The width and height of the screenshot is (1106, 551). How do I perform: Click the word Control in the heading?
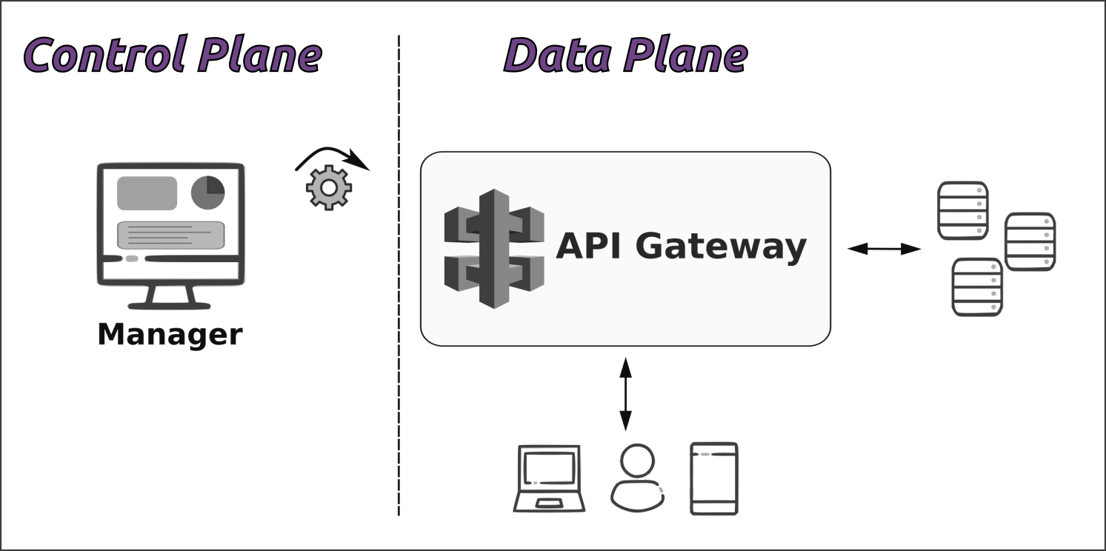104,54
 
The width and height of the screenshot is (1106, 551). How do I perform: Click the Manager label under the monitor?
170,334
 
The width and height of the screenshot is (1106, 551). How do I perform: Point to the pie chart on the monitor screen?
207,193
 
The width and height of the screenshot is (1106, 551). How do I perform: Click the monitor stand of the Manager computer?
170,296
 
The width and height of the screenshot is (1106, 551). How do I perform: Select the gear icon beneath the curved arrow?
329,187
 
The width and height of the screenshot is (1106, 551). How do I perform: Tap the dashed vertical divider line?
399,296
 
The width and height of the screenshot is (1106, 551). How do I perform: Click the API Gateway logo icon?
494,248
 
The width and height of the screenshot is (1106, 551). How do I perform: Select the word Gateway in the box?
720,246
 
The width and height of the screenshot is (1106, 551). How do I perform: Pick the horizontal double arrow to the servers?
884,249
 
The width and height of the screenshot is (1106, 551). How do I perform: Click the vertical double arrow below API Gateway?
625,393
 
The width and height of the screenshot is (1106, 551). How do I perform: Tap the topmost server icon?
963,210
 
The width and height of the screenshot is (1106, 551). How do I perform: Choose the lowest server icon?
977,287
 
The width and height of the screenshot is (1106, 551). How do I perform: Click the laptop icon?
549,478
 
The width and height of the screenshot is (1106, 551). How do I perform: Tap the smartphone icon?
713,478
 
